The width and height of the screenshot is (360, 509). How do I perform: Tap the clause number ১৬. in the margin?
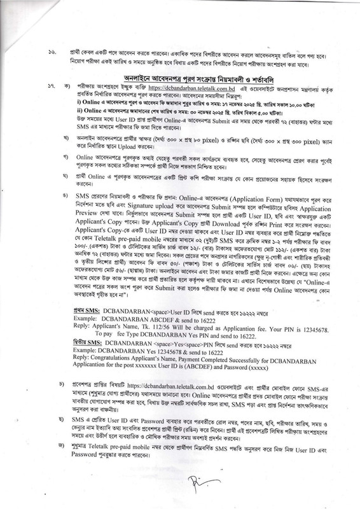[55, 50]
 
